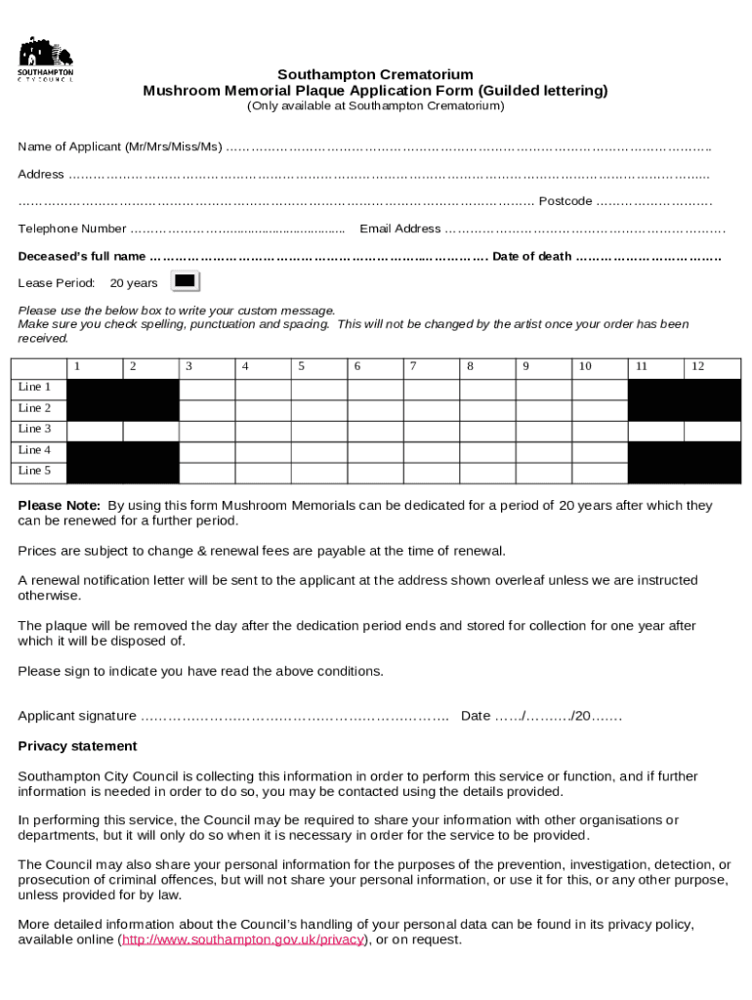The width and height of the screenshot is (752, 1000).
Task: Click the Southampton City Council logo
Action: click(46, 60)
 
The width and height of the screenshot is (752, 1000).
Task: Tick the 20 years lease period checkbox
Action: click(185, 281)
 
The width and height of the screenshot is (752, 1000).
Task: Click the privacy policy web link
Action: click(242, 940)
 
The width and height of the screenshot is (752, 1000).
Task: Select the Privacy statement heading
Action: click(78, 746)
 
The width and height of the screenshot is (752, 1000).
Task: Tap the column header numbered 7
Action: click(414, 367)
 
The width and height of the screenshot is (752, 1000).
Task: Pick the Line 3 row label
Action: click(35, 429)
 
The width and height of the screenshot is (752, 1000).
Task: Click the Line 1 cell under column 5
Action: click(318, 389)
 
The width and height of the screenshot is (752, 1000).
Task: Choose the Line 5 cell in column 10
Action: click(600, 472)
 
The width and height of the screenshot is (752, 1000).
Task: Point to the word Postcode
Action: click(565, 201)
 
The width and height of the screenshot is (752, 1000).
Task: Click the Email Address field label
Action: click(400, 229)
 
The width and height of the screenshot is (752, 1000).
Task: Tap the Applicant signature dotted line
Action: click(294, 717)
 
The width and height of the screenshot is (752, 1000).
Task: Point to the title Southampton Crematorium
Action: click(375, 74)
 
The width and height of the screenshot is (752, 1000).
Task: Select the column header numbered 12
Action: click(697, 367)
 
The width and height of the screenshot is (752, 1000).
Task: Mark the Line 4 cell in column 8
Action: click(487, 451)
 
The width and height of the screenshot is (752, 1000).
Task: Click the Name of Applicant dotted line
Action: click(468, 147)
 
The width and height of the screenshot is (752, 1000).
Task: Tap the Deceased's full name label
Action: click(82, 256)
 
